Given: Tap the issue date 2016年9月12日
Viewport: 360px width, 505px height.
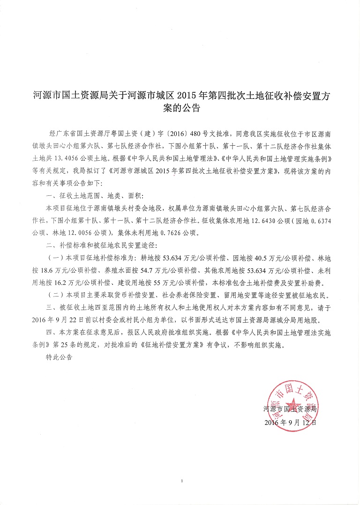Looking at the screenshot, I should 291,422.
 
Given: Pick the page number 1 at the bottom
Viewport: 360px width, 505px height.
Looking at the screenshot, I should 180,481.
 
